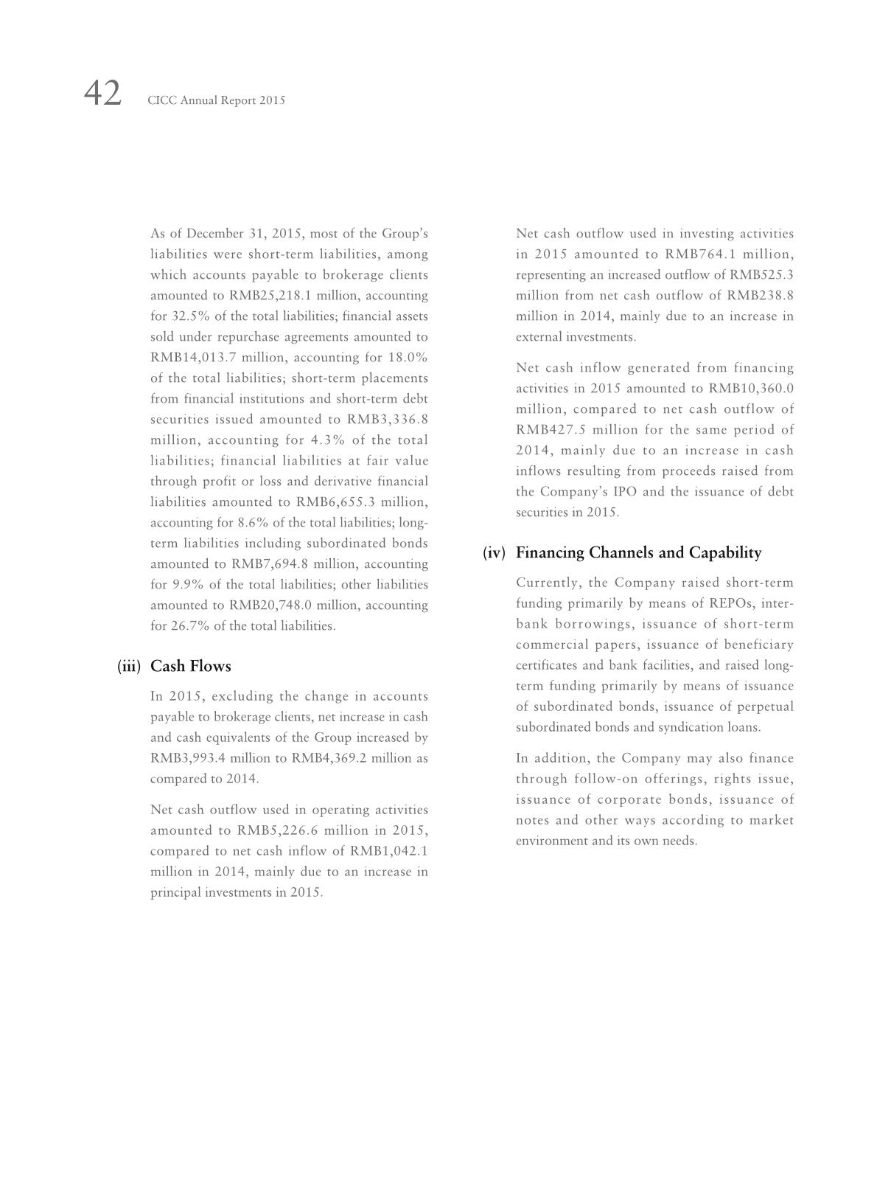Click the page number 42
tap(102, 94)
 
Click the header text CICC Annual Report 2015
tap(216, 100)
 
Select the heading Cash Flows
tap(190, 666)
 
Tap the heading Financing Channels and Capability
tap(638, 552)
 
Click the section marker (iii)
tap(128, 666)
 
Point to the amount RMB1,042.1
tap(389, 851)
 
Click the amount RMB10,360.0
tap(751, 389)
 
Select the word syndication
tap(670, 727)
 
